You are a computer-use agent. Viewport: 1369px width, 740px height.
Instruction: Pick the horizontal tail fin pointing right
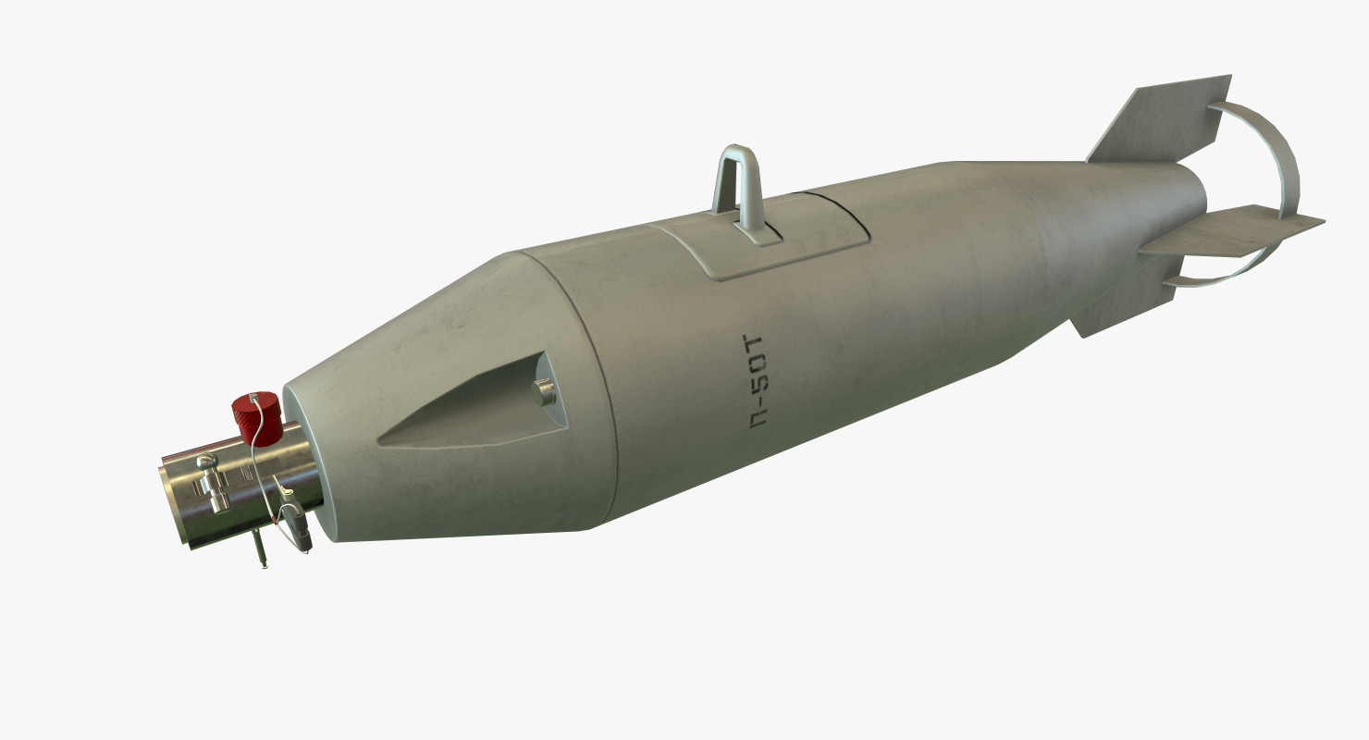tap(1239, 230)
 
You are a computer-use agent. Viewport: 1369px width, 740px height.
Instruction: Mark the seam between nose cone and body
tap(601, 388)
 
